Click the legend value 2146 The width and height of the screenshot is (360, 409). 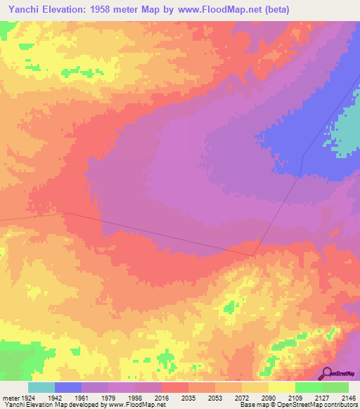pos(349,398)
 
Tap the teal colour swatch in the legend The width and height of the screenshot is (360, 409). pos(41,387)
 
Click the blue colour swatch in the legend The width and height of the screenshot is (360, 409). pos(68,387)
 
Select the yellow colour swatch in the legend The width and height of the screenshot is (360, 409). pos(282,387)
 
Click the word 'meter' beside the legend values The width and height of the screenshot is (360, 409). pos(11,398)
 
